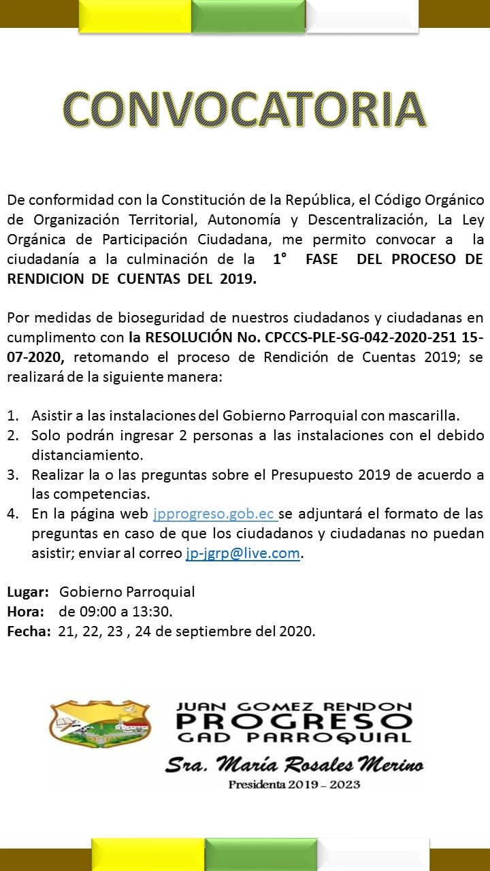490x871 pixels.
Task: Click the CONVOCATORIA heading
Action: click(x=245, y=109)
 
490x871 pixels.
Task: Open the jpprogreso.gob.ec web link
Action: click(x=214, y=514)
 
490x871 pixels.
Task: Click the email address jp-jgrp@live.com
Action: click(x=243, y=553)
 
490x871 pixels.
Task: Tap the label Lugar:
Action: click(x=28, y=592)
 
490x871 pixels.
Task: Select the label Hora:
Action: click(x=26, y=612)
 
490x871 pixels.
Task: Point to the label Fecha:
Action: click(x=29, y=631)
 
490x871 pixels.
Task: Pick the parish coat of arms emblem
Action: click(x=99, y=724)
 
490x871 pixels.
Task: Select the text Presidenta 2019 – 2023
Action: click(x=294, y=785)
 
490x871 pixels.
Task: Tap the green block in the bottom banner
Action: click(x=261, y=855)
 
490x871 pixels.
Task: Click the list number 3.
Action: click(x=13, y=474)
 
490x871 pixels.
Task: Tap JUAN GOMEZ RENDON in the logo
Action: click(x=294, y=707)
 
